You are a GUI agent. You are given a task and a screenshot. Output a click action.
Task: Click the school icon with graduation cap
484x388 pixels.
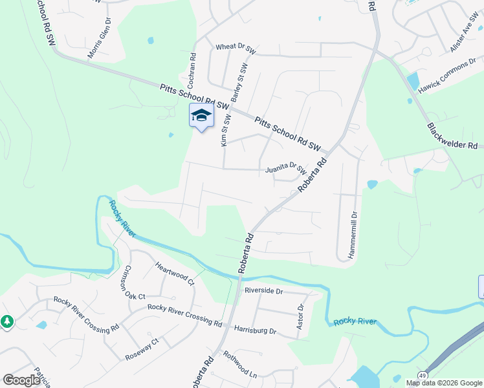(201, 116)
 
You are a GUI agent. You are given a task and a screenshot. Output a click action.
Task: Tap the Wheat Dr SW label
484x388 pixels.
(236, 48)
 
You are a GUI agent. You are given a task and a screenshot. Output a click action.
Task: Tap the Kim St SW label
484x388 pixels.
(226, 131)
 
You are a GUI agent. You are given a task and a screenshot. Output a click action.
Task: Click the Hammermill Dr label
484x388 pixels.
(353, 235)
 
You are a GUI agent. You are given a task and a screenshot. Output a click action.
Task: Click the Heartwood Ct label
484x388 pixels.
(175, 273)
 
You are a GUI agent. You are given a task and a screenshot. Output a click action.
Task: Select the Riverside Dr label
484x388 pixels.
(263, 292)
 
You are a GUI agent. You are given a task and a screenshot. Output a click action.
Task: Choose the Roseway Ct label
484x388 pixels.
(142, 349)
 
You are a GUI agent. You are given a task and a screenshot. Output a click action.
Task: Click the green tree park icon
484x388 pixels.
(6, 321)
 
